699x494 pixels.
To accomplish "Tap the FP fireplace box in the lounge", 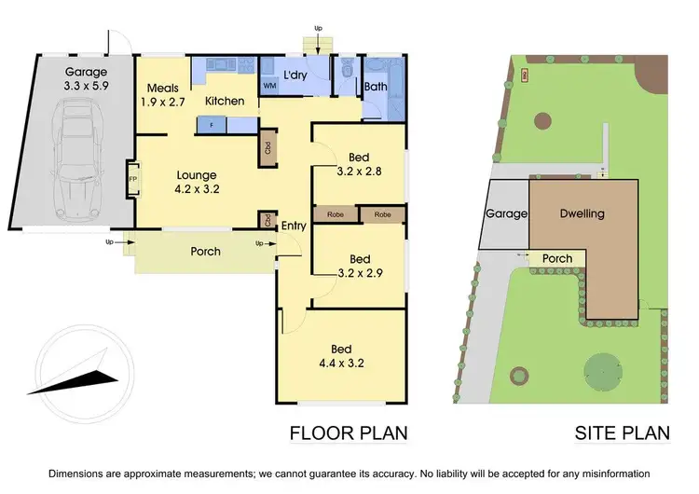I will [131, 177].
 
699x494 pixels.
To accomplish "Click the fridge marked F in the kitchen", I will [212, 124].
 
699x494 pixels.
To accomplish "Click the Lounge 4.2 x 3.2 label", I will [197, 182].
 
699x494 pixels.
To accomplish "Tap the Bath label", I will [376, 88].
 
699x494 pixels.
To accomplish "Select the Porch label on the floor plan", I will [205, 252].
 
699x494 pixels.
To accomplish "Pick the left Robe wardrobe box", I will [336, 214].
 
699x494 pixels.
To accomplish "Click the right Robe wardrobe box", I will [382, 214].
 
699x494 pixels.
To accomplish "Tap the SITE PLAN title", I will [623, 432].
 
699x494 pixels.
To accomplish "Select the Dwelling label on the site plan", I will [582, 213].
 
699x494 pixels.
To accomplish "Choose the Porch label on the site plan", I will [557, 258].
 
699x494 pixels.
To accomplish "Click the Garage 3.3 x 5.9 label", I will [86, 79].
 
